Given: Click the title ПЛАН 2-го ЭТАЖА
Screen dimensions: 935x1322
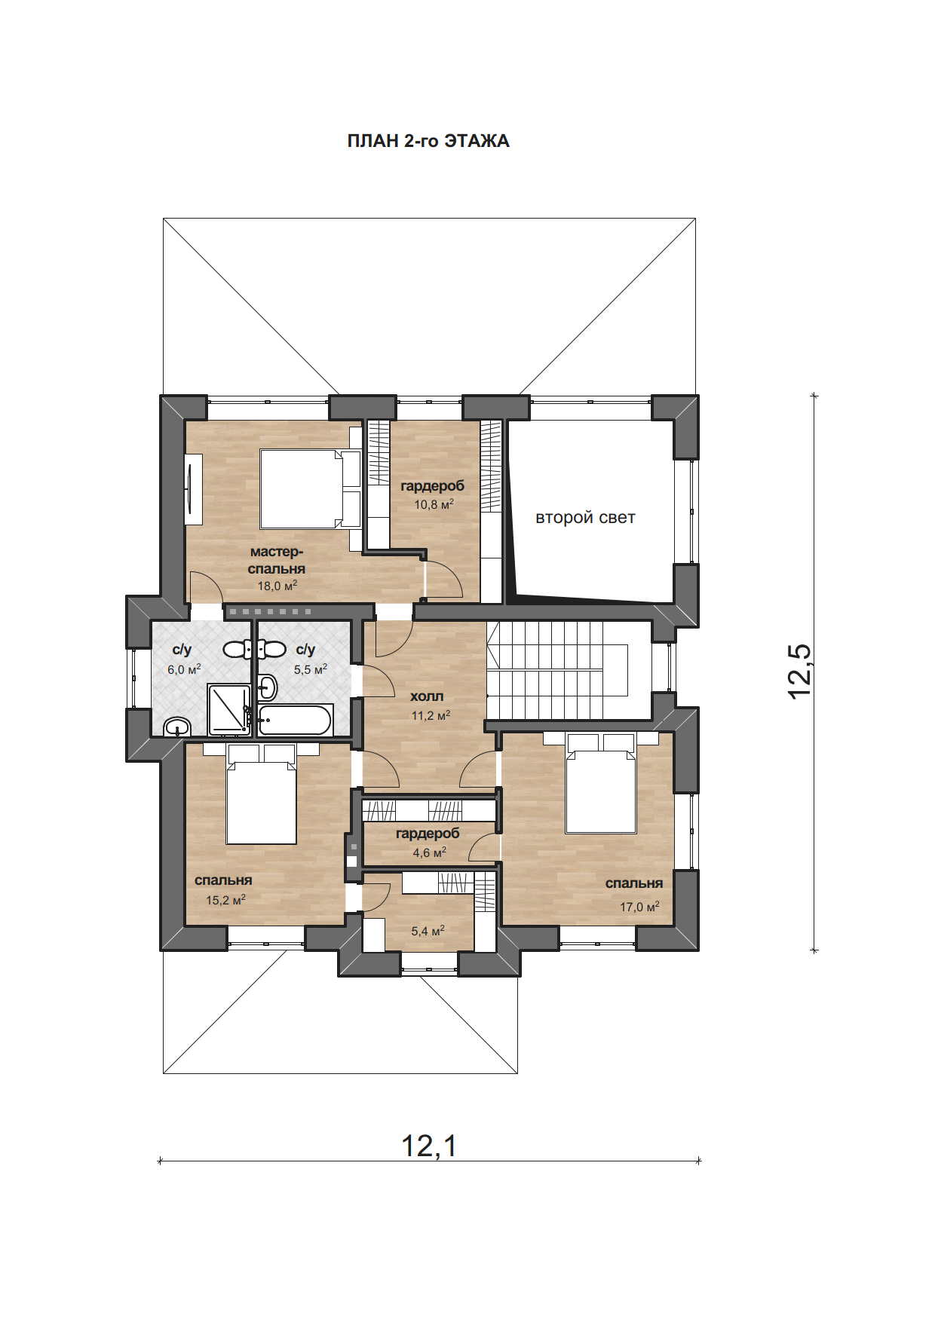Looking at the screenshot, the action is (x=428, y=141).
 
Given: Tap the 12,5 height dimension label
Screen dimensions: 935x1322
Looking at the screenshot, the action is (x=799, y=672).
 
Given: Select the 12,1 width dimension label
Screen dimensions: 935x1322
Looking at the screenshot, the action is (x=429, y=1146).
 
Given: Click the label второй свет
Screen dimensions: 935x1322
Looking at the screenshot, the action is (x=585, y=518).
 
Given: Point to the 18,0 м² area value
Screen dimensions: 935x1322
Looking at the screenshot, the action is (x=277, y=586).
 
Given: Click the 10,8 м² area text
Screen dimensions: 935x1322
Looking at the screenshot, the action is (x=434, y=504).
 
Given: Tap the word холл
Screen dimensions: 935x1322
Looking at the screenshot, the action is (x=427, y=696).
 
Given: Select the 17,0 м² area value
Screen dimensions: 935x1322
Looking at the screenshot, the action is (x=639, y=907).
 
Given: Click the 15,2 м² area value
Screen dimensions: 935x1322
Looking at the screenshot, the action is (x=225, y=900).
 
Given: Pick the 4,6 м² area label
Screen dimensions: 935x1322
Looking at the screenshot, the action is (x=429, y=852).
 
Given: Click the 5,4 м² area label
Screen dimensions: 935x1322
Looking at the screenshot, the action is (x=428, y=931).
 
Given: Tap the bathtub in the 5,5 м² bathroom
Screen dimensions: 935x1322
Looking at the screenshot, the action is (x=295, y=720).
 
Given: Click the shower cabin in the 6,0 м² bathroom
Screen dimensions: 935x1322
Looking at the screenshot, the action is (x=228, y=709).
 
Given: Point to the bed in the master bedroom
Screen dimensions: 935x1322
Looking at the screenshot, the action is (x=310, y=488).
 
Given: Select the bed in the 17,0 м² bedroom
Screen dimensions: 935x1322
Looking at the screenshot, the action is (x=601, y=783).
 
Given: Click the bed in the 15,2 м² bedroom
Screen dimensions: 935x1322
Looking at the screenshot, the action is (x=262, y=794).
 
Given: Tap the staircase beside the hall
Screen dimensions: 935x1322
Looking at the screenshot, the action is (x=557, y=670).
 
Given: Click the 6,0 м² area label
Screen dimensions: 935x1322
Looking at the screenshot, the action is (x=184, y=669).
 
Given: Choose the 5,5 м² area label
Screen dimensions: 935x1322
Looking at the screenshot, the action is (x=311, y=669).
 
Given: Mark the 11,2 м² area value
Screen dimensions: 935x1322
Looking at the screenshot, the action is (x=431, y=715).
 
